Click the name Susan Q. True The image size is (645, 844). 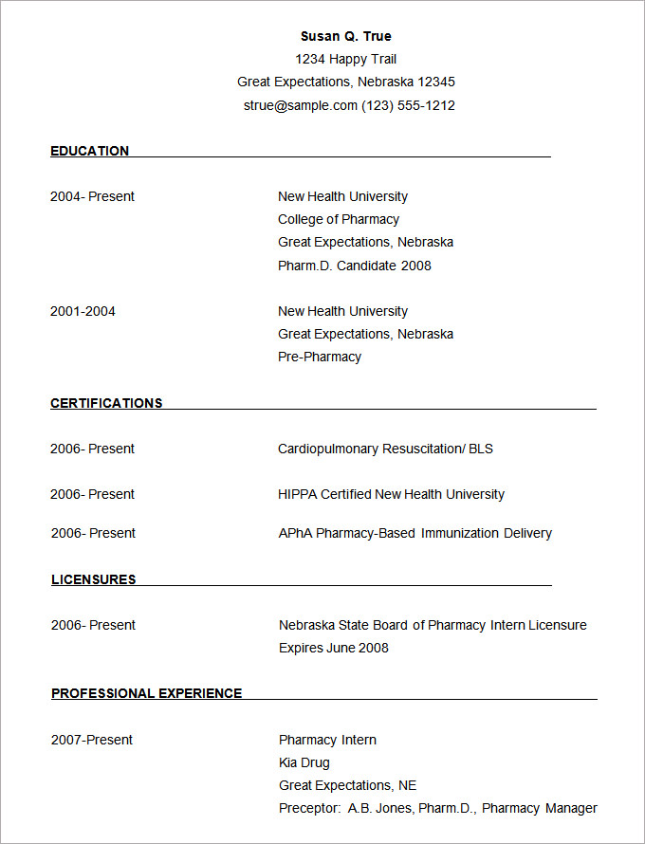[x=345, y=36]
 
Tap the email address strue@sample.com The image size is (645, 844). [x=300, y=105]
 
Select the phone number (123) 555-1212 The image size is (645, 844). [x=408, y=105]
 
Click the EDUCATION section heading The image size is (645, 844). [x=89, y=151]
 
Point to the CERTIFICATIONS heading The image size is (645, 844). [x=106, y=403]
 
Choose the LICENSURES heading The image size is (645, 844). [x=93, y=579]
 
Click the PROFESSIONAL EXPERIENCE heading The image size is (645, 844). [x=146, y=693]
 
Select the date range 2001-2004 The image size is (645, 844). [x=83, y=311]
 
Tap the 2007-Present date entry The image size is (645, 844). [x=92, y=740]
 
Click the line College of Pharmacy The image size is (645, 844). [x=339, y=219]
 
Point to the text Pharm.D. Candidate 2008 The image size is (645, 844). [x=354, y=266]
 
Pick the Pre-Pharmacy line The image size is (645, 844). [x=320, y=357]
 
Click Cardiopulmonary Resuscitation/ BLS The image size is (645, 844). [x=385, y=449]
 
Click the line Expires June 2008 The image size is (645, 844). [x=334, y=648]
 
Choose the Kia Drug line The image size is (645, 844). [x=304, y=762]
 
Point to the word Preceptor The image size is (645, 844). [x=309, y=808]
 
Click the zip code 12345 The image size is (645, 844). [x=436, y=82]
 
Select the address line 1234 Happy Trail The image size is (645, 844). [x=345, y=59]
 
